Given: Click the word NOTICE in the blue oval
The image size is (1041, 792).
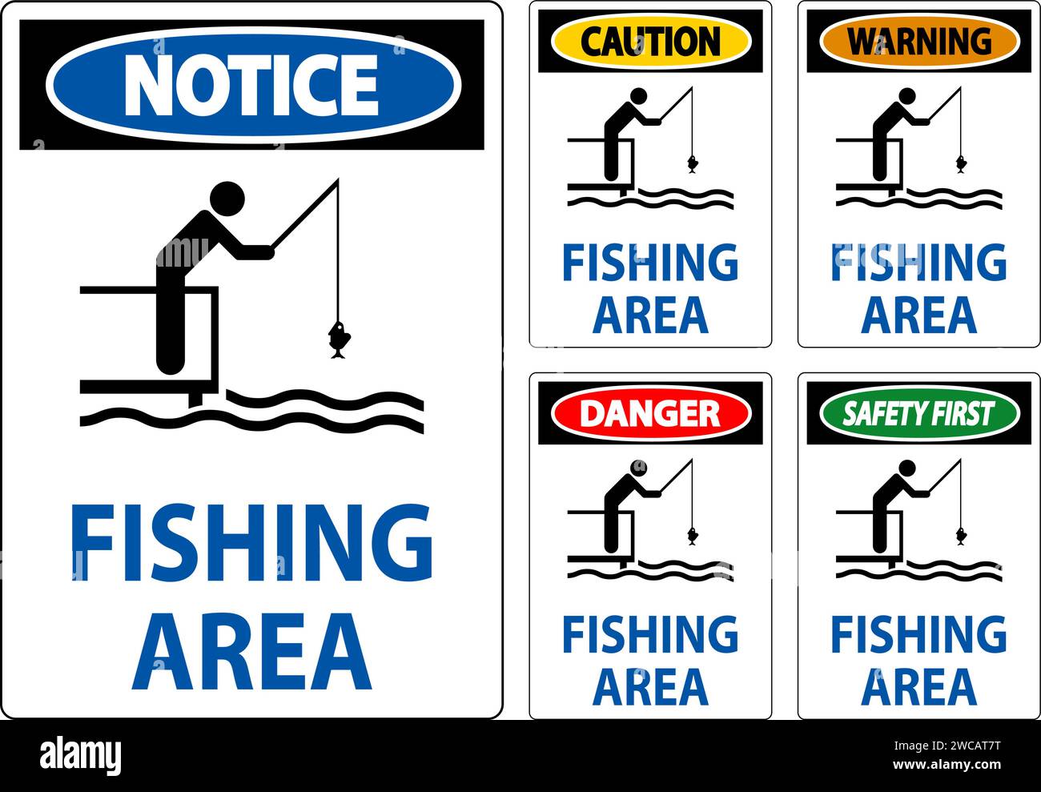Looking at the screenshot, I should [251, 84].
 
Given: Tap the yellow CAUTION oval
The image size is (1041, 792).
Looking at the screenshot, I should [650, 41].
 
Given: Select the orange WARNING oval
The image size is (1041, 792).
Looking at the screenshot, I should [918, 40].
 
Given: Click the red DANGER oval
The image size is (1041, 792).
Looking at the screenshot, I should [650, 413].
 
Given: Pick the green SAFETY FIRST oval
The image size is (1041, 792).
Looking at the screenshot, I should [918, 413].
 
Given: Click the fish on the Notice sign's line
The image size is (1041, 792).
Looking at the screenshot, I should [338, 339].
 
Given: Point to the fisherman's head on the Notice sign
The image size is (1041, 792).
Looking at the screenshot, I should [227, 197].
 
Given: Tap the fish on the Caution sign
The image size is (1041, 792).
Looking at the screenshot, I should [692, 164].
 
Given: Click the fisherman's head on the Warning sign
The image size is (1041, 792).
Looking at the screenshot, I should [906, 97].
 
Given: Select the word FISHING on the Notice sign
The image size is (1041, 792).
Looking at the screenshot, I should [251, 543].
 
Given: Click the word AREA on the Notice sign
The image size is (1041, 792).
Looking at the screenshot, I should [251, 652].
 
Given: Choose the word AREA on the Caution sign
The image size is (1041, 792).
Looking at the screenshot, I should [650, 315].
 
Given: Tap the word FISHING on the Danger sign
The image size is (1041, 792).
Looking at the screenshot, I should [650, 634].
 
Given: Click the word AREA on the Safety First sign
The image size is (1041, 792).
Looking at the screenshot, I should [918, 687].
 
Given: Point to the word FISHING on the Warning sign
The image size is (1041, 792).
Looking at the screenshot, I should [918, 263].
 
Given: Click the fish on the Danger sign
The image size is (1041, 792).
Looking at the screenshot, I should [692, 536].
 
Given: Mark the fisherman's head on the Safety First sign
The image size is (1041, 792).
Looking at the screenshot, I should [906, 468].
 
